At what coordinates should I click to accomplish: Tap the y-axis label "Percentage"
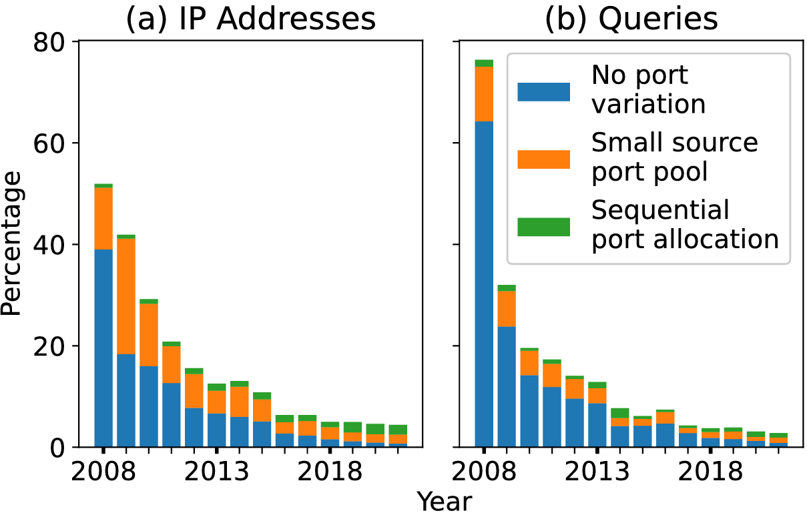tap(11, 243)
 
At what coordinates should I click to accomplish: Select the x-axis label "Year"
tap(444, 501)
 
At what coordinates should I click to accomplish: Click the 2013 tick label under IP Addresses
tap(216, 471)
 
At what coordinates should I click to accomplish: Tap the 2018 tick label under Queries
tap(710, 471)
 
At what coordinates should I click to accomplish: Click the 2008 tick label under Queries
tap(484, 471)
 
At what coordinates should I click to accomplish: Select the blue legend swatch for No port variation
tap(543, 92)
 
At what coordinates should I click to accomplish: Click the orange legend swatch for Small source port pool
tap(543, 159)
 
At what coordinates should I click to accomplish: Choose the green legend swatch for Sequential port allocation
tap(543, 227)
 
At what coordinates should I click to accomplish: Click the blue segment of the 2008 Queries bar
tap(484, 284)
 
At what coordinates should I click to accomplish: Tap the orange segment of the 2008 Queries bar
tap(484, 94)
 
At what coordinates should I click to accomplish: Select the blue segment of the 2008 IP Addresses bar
tap(103, 348)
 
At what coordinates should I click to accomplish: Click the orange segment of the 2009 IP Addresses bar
tap(126, 296)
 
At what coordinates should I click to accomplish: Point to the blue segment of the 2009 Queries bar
tap(507, 387)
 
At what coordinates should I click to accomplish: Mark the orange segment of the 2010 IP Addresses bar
tap(149, 335)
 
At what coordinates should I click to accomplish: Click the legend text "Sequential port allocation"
tap(685, 224)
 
